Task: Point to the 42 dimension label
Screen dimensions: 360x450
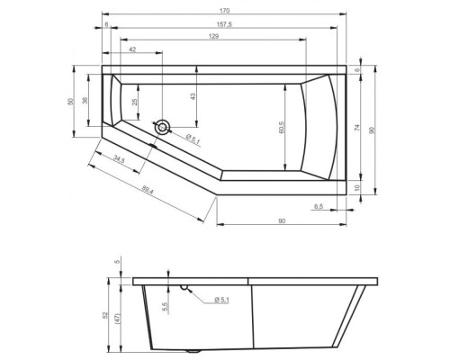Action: click(132, 50)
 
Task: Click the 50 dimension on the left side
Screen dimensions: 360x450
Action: click(71, 101)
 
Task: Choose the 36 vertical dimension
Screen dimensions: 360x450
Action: click(86, 101)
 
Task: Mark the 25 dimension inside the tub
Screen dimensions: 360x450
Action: click(136, 103)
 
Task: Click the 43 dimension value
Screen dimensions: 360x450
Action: click(193, 96)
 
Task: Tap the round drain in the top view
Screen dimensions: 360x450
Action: click(161, 128)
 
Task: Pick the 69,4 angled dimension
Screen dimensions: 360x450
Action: click(149, 190)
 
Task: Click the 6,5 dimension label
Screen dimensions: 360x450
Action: click(319, 208)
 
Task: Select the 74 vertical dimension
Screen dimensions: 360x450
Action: click(359, 128)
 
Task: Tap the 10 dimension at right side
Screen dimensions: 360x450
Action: click(359, 188)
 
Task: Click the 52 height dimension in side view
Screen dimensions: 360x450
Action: click(105, 316)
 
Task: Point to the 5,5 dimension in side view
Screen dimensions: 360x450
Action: click(164, 306)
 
